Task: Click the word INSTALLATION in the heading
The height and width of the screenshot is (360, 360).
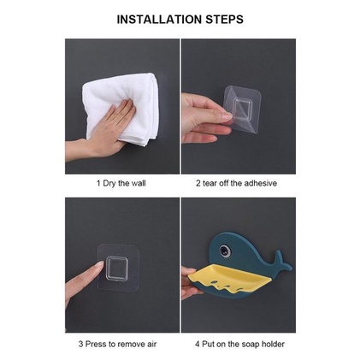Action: click(159, 19)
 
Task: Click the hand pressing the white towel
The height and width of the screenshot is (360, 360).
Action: click(105, 131)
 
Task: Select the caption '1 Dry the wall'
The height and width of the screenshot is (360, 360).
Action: click(121, 183)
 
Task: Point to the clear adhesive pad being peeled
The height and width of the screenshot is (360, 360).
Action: click(242, 109)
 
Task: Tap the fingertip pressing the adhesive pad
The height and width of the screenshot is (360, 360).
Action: click(98, 264)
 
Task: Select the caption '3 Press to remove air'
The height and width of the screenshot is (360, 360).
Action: click(118, 344)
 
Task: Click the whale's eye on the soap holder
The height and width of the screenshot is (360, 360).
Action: click(225, 250)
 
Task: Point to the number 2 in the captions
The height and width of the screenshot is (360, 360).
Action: click(198, 183)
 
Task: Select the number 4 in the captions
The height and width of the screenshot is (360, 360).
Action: click(198, 344)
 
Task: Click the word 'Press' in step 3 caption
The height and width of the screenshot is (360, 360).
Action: click(96, 344)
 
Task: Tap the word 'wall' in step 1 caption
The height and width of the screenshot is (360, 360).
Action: click(139, 183)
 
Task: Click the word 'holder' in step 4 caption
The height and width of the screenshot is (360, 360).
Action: click(274, 344)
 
